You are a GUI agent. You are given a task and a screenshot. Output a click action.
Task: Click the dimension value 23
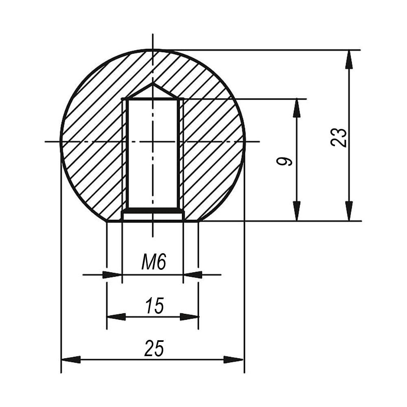click(x=339, y=138)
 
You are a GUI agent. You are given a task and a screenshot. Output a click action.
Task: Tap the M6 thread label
click(x=154, y=262)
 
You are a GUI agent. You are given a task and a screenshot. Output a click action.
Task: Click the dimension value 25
click(x=154, y=349)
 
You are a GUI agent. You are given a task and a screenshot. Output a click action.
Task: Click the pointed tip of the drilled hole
click(x=153, y=83)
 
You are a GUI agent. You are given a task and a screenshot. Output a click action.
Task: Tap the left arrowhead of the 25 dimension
click(x=71, y=360)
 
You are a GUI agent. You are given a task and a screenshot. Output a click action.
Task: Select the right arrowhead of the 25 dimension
click(x=234, y=360)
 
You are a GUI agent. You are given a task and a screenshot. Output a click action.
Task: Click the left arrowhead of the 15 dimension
click(x=116, y=317)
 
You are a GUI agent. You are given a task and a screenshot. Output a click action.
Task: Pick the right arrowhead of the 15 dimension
click(x=189, y=317)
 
